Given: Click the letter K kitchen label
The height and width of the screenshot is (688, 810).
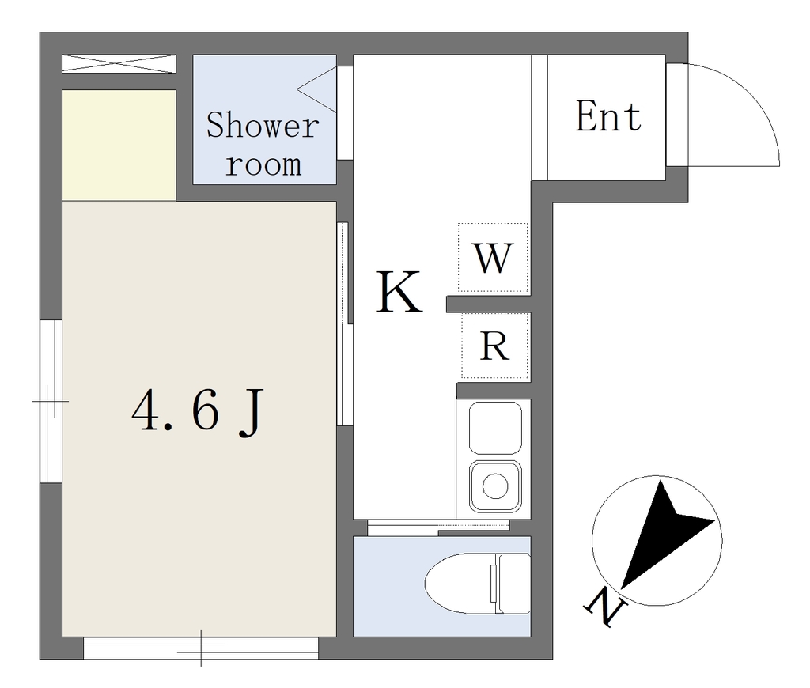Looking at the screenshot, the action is click(x=399, y=293).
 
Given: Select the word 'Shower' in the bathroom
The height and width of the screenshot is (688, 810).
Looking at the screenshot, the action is click(x=263, y=125).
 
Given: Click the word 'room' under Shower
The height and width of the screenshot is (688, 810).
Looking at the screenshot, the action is click(x=263, y=164).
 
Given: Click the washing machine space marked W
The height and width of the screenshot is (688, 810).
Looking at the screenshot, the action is click(x=494, y=258).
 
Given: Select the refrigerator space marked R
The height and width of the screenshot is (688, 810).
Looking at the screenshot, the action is click(x=495, y=346).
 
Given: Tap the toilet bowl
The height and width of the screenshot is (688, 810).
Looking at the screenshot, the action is click(x=460, y=584).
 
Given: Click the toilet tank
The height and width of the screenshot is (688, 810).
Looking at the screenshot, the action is click(x=513, y=584).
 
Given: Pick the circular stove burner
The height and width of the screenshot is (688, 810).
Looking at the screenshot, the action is click(x=495, y=486).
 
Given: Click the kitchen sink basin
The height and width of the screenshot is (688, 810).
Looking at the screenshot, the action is click(x=495, y=428).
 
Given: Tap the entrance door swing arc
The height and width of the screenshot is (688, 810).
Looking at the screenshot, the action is click(x=755, y=98).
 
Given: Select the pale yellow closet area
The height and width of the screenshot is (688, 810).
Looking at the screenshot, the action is click(x=119, y=146).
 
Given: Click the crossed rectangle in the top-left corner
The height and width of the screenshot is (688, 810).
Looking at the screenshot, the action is click(x=119, y=64).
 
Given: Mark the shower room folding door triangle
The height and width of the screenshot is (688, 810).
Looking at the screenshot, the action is click(x=316, y=89).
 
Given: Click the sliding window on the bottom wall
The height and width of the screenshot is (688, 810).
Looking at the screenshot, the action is click(x=200, y=648).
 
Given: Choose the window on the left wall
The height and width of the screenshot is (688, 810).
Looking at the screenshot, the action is click(x=51, y=402).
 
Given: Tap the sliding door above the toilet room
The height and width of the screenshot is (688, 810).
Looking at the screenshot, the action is click(x=438, y=527).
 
